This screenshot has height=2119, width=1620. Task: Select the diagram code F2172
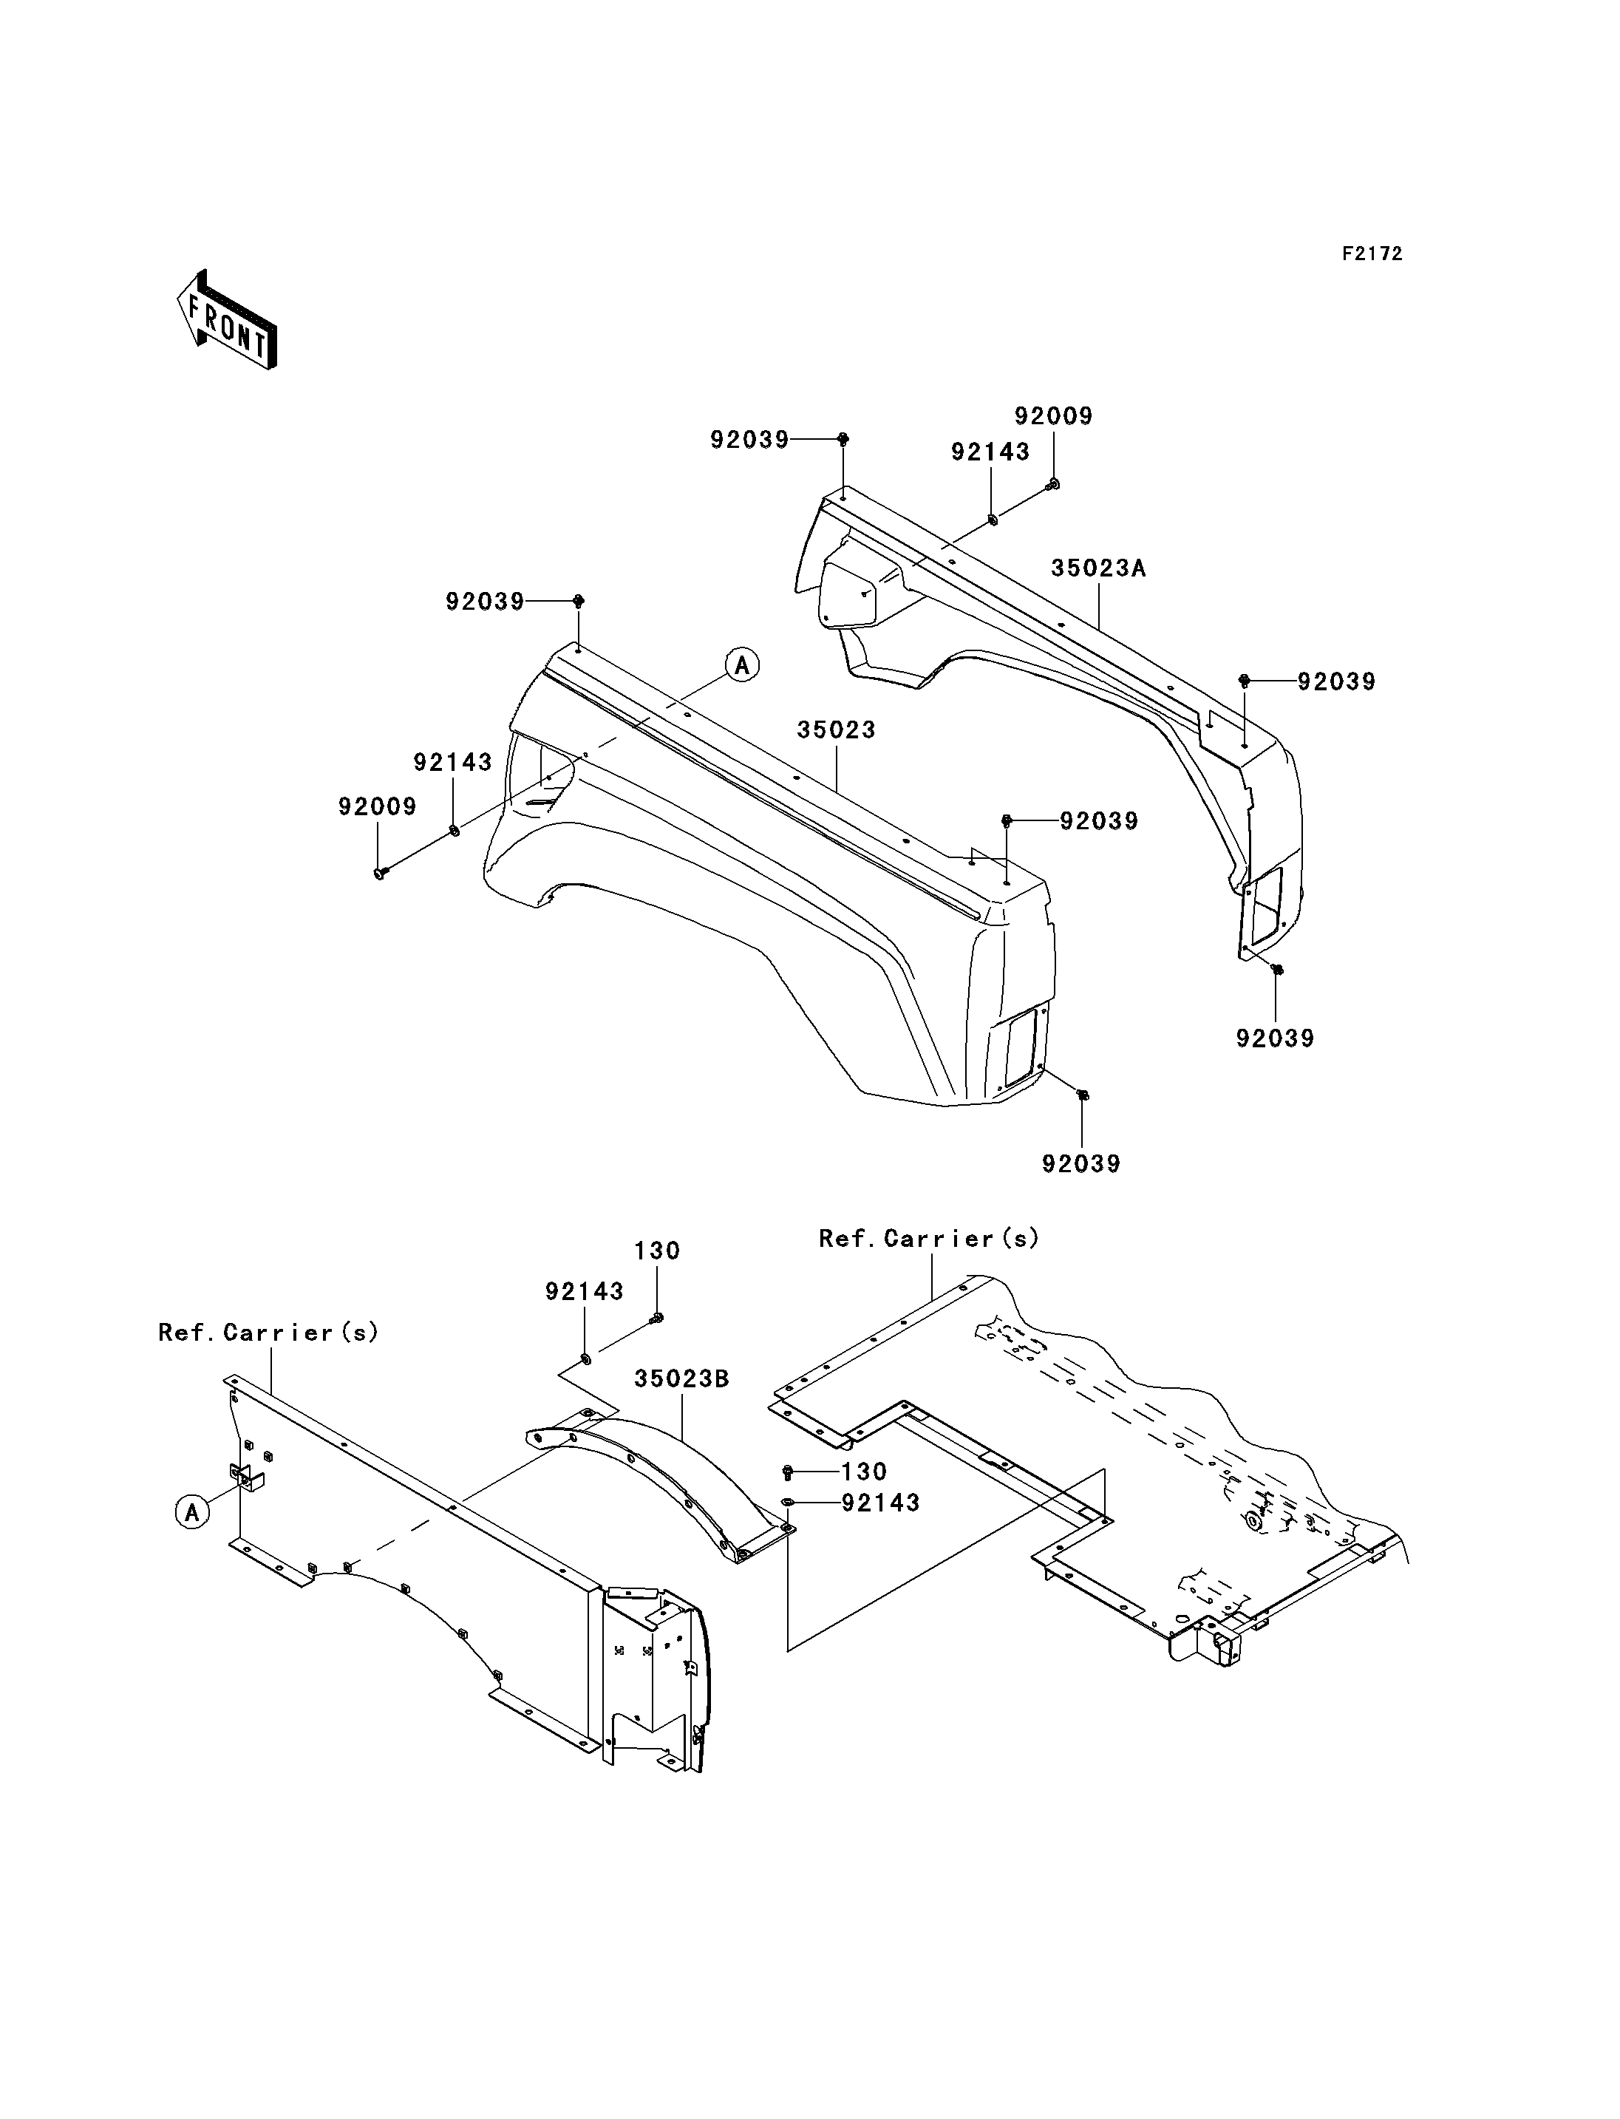pyautogui.click(x=1373, y=254)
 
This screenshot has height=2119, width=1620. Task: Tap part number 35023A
pyautogui.click(x=1098, y=568)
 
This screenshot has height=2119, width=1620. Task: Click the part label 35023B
pyautogui.click(x=681, y=1379)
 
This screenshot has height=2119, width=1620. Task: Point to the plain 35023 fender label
pyautogui.click(x=836, y=730)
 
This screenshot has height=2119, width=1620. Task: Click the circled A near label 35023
pyautogui.click(x=743, y=664)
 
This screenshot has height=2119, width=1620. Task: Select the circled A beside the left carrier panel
pyautogui.click(x=192, y=1512)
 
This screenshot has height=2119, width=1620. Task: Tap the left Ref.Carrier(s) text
pyautogui.click(x=269, y=1332)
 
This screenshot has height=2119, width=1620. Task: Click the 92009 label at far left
pyautogui.click(x=377, y=806)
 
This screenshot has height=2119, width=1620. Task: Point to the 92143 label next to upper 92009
pyautogui.click(x=990, y=452)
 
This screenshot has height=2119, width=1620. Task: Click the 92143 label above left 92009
pyautogui.click(x=452, y=762)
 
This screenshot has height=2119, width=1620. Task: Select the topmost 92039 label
pyautogui.click(x=749, y=440)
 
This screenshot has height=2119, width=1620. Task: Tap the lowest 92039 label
pyautogui.click(x=1081, y=1163)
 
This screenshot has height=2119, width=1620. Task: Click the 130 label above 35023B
pyautogui.click(x=658, y=1251)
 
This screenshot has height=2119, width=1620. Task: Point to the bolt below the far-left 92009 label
pyautogui.click(x=379, y=873)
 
